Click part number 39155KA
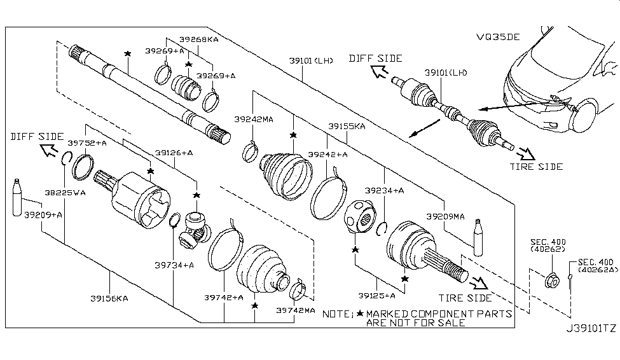[x=347, y=127]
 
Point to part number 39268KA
[x=198, y=39]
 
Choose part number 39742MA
[x=296, y=310]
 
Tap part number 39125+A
[x=376, y=295]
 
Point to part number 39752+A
[x=87, y=144]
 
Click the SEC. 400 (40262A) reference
[x=596, y=266]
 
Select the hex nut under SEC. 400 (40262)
[x=552, y=280]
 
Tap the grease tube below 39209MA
[x=479, y=237]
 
